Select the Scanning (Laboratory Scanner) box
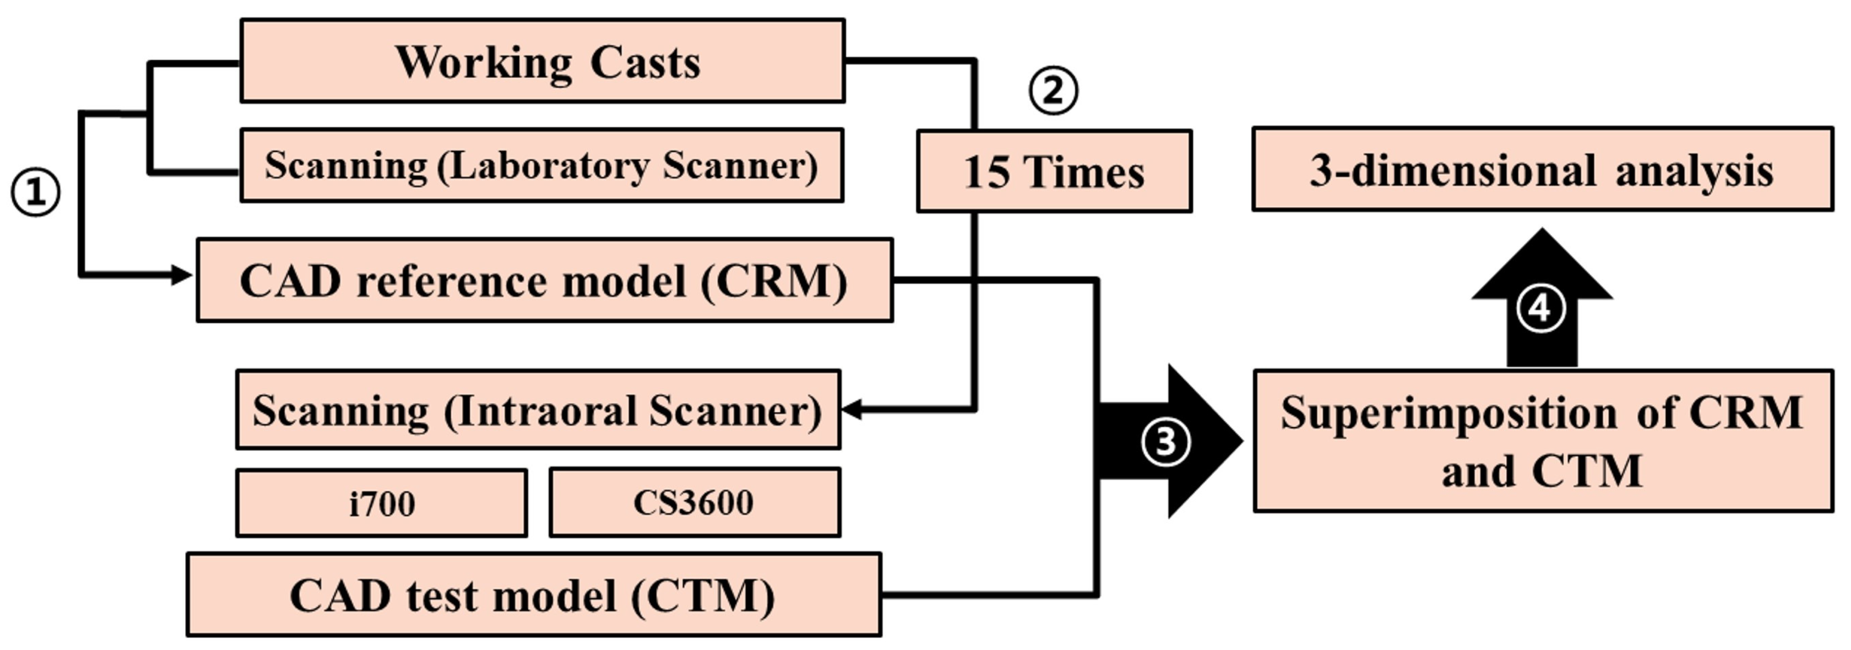click(x=542, y=165)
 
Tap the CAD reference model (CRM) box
click(x=545, y=280)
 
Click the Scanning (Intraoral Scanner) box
click(x=538, y=410)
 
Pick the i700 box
click(x=382, y=503)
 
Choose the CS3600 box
click(x=695, y=503)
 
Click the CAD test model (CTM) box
click(x=534, y=594)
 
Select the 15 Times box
click(x=1054, y=171)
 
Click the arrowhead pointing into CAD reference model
click(x=182, y=275)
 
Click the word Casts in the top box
click(x=645, y=63)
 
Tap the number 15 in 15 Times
click(x=986, y=173)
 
